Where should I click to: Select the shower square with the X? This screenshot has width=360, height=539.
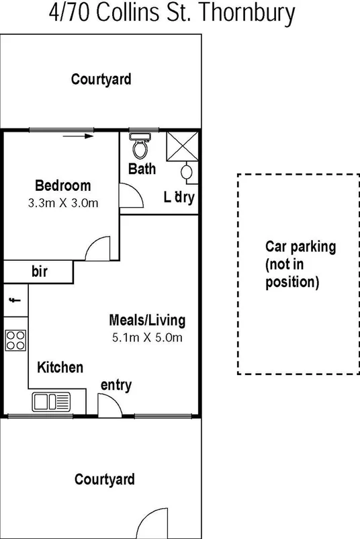click(182, 146)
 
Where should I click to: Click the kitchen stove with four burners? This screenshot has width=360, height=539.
click(15, 340)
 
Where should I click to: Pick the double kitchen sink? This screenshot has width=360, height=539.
click(50, 402)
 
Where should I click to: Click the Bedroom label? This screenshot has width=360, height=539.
click(62, 185)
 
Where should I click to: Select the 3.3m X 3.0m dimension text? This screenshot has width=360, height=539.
click(62, 202)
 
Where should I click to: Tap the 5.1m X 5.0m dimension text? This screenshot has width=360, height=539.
click(147, 337)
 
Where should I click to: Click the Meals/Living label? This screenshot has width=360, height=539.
click(147, 321)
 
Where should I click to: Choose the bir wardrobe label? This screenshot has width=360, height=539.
click(40, 272)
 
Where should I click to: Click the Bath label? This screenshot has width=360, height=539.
click(142, 169)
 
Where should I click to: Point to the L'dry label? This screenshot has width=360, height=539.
click(179, 198)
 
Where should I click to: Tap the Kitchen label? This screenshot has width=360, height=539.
click(60, 368)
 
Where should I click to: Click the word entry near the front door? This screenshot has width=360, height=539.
click(116, 385)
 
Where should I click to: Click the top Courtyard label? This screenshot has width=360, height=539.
click(101, 79)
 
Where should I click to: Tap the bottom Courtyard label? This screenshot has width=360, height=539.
click(104, 479)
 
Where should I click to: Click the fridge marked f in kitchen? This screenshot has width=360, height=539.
click(14, 300)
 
